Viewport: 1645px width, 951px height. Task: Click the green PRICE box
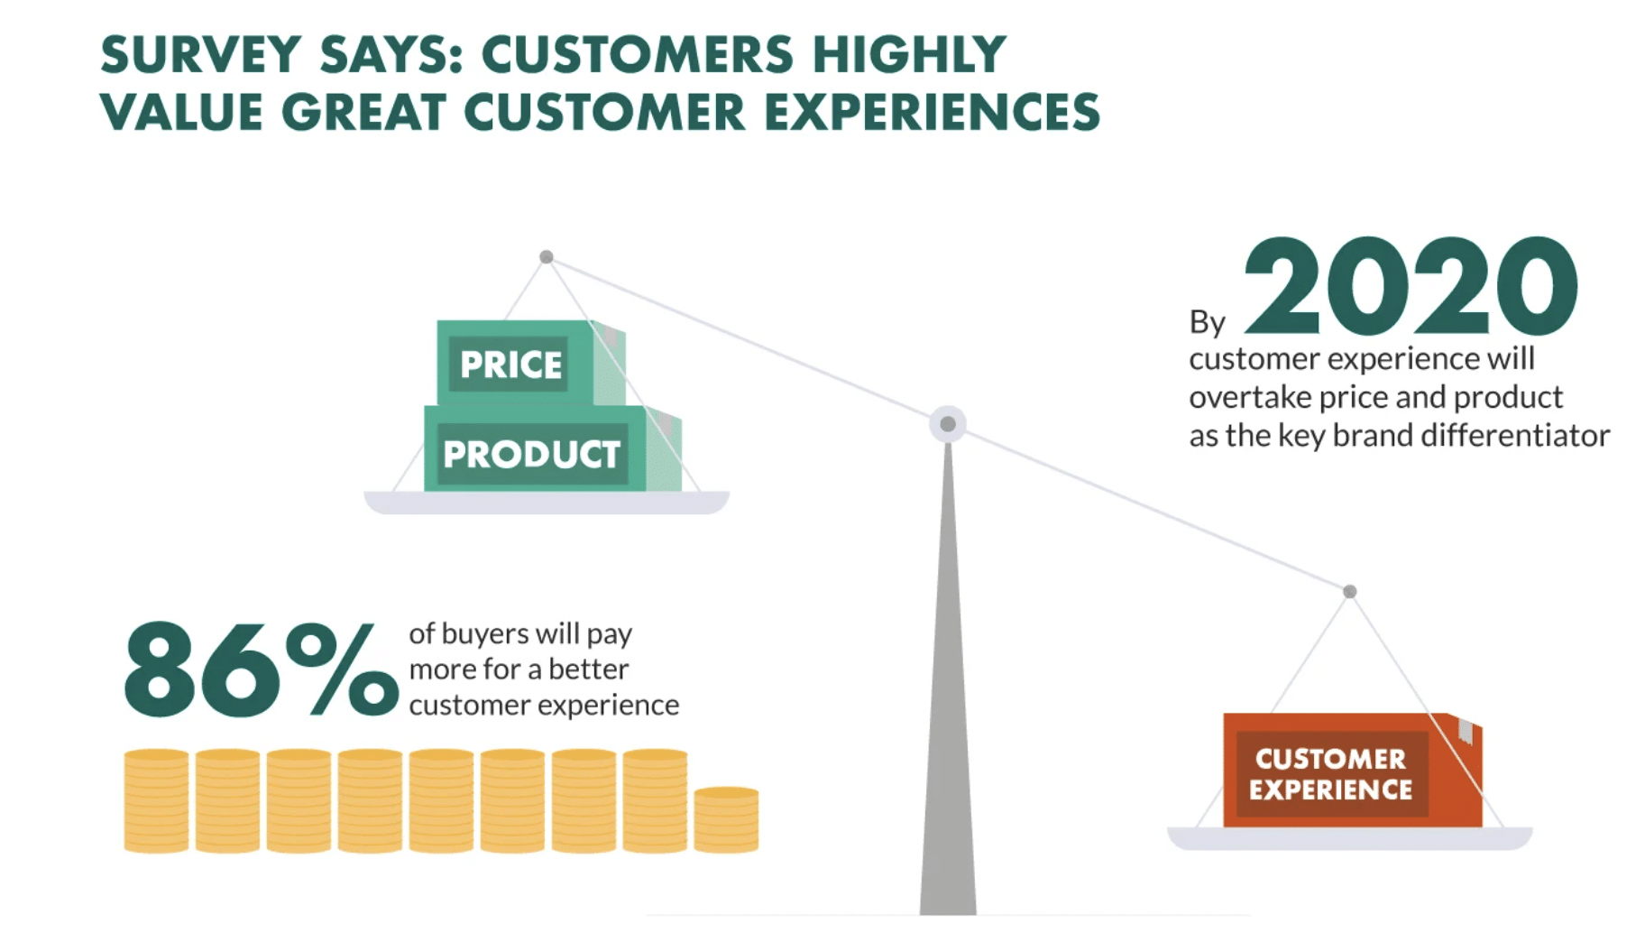530,363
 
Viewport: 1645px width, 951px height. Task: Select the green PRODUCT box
552,448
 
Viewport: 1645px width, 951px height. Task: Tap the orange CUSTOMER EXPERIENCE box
1352,770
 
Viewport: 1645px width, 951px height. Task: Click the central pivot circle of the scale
948,424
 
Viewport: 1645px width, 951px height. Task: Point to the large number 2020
1411,286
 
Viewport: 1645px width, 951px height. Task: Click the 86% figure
261,669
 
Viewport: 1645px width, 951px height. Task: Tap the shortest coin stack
726,819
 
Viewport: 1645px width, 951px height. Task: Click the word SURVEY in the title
200,54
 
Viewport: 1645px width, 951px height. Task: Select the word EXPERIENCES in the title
933,113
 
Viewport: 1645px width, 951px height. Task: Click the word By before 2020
1208,322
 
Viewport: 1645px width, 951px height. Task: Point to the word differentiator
1515,436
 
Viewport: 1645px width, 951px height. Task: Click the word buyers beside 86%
485,634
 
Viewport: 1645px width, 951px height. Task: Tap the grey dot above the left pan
547,257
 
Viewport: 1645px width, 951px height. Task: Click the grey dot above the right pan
1350,592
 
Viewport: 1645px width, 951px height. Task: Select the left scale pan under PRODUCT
547,503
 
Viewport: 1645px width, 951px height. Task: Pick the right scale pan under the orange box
1350,838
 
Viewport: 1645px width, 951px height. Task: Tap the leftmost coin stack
156,800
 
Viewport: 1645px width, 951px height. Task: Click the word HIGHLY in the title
909,54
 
